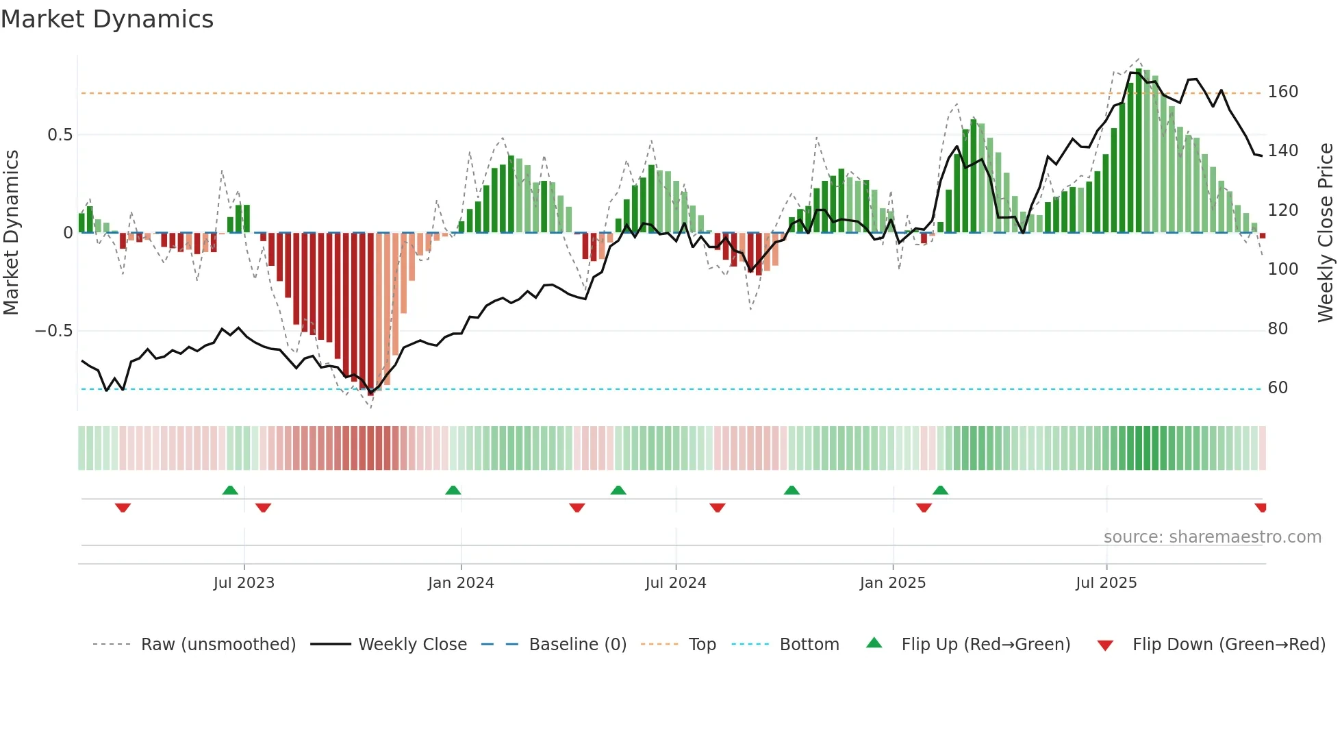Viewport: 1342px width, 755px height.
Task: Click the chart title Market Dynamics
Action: (x=107, y=19)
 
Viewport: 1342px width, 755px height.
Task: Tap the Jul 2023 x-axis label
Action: (x=244, y=583)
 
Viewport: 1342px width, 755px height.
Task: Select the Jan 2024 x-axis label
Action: (x=461, y=583)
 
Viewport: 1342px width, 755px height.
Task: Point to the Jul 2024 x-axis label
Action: (x=675, y=583)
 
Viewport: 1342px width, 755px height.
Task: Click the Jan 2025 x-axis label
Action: (x=893, y=583)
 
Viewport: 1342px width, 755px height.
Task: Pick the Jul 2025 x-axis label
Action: (x=1106, y=583)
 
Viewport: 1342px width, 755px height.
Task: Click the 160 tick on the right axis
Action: (x=1282, y=92)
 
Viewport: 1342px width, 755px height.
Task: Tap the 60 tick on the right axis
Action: (x=1278, y=388)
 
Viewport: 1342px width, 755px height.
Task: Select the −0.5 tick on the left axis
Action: (x=53, y=331)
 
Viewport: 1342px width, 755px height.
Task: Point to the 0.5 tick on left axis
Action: (x=60, y=135)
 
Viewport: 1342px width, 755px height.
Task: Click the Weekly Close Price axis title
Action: (x=1326, y=233)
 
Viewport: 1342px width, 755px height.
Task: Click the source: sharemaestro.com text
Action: (x=1212, y=537)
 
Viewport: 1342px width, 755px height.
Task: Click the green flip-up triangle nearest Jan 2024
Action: (x=453, y=490)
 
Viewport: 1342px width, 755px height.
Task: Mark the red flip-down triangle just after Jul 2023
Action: (x=263, y=508)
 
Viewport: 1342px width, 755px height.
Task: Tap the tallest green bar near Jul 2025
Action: (x=1139, y=151)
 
